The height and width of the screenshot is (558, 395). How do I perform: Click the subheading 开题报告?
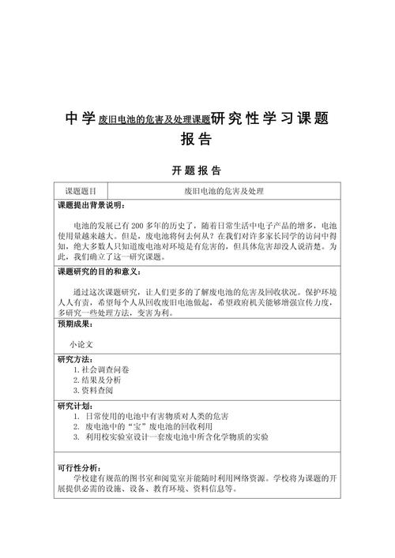tap(197, 170)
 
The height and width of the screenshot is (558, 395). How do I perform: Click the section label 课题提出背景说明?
tap(90, 206)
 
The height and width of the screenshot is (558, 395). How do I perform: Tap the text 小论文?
tap(81, 344)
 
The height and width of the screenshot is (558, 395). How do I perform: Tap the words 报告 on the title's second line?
tap(197, 139)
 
